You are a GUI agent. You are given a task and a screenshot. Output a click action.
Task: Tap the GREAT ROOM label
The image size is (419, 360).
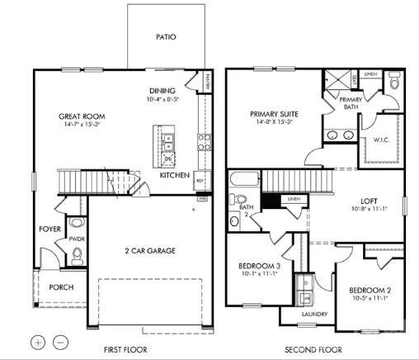click(x=80, y=116)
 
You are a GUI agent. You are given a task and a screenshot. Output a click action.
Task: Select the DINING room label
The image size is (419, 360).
click(x=163, y=91)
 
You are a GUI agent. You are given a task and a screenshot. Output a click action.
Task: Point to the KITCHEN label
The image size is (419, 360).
click(x=175, y=176)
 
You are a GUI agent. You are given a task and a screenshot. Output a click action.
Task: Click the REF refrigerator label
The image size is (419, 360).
click(x=200, y=175)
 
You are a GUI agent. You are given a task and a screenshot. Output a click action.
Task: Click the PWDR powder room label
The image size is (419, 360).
click(x=77, y=239)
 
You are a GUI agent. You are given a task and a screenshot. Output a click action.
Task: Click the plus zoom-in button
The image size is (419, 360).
click(x=38, y=341)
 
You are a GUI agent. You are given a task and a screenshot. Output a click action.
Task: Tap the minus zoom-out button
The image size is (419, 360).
click(x=60, y=341)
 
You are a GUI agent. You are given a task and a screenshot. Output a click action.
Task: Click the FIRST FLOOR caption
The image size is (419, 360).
click(x=126, y=349)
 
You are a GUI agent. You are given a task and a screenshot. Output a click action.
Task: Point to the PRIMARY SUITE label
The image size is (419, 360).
click(x=275, y=114)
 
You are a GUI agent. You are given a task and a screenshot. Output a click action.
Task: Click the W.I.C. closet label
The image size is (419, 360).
click(x=381, y=140)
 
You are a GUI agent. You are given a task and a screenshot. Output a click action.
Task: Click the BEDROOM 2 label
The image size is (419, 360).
click(x=368, y=291)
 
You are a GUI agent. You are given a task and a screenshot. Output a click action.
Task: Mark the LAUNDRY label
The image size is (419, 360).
click(x=313, y=314)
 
